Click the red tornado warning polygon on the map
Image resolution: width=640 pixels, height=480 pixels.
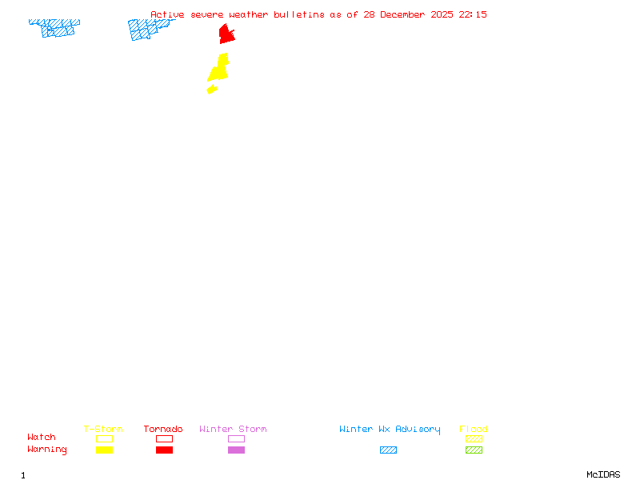pos(226,34)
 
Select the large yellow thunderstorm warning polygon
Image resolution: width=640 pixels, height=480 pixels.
pos(219,69)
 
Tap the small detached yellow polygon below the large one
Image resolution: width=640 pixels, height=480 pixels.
pos(212,89)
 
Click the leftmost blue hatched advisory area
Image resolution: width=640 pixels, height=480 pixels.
pos(54,28)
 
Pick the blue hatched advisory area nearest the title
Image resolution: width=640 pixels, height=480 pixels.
pos(147,29)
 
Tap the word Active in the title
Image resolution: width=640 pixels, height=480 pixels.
pos(167,14)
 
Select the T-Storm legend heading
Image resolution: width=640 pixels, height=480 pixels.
pos(103,429)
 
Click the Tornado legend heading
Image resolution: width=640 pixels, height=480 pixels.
pos(163,429)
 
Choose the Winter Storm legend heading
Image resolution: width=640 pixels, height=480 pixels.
pos(233,429)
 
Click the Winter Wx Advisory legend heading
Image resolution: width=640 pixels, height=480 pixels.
pos(390,429)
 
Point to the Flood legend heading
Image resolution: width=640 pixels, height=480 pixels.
pos(474,429)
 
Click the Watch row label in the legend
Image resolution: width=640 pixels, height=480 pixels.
pos(42,438)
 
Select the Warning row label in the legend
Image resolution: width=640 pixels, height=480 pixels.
pos(47,450)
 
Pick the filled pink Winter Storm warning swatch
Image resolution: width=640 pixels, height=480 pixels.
pos(236,450)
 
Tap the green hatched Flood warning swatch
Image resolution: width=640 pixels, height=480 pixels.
pos(474,450)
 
